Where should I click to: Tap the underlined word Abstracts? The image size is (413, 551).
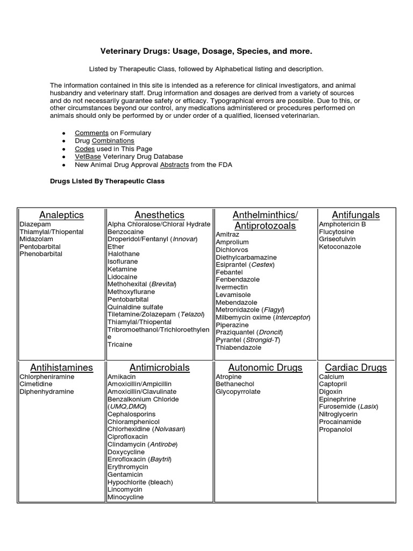[x=174, y=165]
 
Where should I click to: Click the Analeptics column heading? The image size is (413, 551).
[x=61, y=215]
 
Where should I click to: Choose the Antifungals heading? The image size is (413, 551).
[x=355, y=215]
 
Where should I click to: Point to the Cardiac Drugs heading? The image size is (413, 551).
[x=355, y=368]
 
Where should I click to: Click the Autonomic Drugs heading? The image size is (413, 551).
[x=265, y=368]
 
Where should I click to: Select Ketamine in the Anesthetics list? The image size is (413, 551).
[x=122, y=269]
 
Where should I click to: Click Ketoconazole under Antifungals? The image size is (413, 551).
[x=340, y=247]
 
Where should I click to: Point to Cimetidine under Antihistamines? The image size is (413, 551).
[x=37, y=385]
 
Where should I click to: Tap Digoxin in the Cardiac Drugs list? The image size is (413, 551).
[x=331, y=392]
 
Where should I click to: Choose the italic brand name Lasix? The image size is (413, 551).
[x=368, y=407]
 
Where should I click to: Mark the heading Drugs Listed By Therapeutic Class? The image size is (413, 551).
[x=107, y=181]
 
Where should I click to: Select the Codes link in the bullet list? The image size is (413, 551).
[x=84, y=149]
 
